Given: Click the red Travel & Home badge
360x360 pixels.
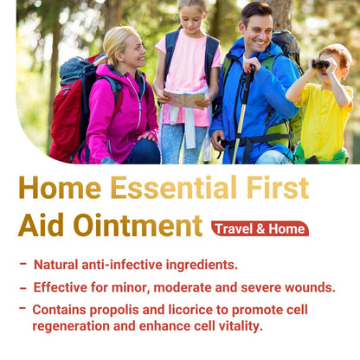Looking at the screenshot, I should pos(260,229).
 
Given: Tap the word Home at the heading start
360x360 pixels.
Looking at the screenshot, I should pos(58,189).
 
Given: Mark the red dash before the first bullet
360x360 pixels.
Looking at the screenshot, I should pos(22,264).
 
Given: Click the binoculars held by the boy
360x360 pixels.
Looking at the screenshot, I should pos(320,64).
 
